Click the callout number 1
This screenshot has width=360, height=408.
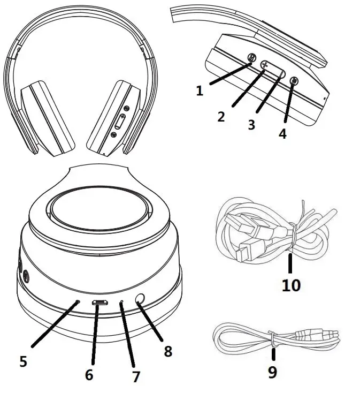(x=200, y=90)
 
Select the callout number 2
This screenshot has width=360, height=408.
(x=221, y=116)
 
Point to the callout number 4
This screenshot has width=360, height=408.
(x=282, y=133)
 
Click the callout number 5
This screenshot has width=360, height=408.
(x=23, y=361)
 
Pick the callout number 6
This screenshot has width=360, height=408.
(x=89, y=374)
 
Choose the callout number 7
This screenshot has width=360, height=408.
(x=135, y=376)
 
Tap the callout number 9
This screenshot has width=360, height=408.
(x=272, y=372)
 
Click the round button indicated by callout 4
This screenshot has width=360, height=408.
(x=294, y=81)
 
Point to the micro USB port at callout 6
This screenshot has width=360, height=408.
(x=100, y=303)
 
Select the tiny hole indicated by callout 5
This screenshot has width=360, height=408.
(x=78, y=301)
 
